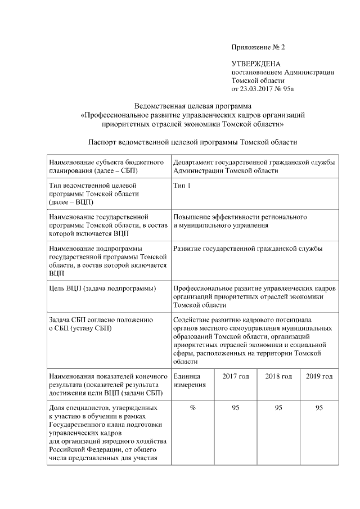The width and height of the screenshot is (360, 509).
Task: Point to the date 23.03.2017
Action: click(257, 88)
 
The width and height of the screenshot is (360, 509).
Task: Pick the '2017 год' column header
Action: click(235, 376)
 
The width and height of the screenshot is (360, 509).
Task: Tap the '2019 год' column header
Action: click(319, 376)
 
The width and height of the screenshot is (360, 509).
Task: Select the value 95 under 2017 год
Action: click(235, 408)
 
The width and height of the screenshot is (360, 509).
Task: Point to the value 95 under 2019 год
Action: click(319, 408)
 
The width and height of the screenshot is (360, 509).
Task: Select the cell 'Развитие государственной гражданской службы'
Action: click(248, 248)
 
